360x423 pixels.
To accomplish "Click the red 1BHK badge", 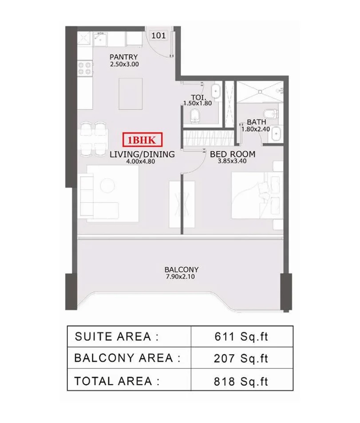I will pyautogui.click(x=142, y=140).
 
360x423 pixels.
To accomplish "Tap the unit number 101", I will pyautogui.click(x=159, y=36).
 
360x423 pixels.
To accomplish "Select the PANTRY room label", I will pyautogui.click(x=123, y=57).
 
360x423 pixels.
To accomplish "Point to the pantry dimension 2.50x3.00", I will pyautogui.click(x=124, y=64).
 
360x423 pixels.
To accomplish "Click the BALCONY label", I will pyautogui.click(x=181, y=269).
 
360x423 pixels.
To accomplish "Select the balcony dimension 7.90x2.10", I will pyautogui.click(x=181, y=277).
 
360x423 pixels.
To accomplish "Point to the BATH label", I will pyautogui.click(x=257, y=122).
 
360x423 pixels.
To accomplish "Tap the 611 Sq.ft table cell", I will pyautogui.click(x=241, y=336).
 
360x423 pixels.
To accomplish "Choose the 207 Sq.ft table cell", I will pyautogui.click(x=241, y=358).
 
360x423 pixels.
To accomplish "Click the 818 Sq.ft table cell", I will pyautogui.click(x=241, y=380).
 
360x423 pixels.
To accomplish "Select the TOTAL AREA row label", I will pyautogui.click(x=117, y=380).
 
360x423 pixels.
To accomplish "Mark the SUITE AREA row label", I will pyautogui.click(x=116, y=336).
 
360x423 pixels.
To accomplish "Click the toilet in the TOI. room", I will pyautogui.click(x=195, y=117).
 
